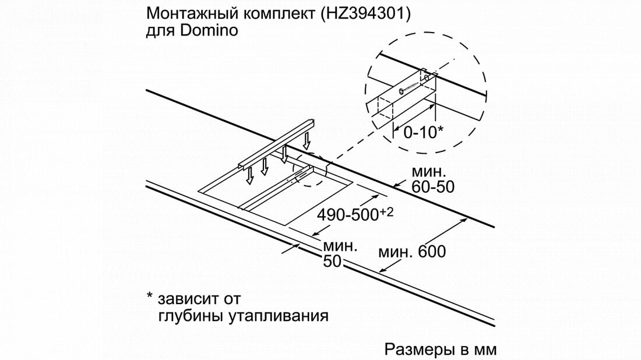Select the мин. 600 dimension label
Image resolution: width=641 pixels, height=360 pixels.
[412, 252]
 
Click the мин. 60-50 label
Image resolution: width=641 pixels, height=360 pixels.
[432, 179]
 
